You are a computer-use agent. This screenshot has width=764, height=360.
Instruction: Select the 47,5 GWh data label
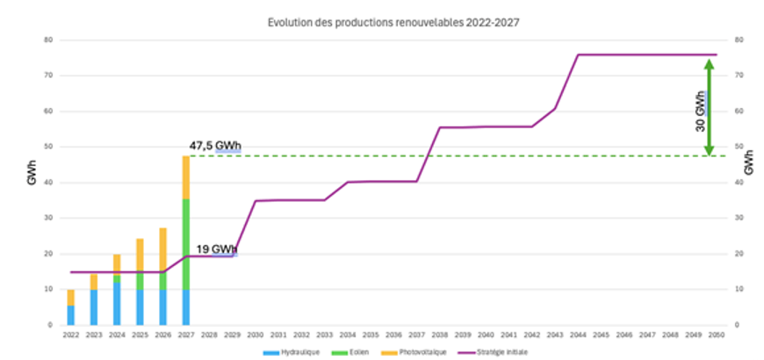pyautogui.click(x=215, y=146)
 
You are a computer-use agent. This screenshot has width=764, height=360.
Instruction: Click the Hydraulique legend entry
pyautogui.click(x=290, y=351)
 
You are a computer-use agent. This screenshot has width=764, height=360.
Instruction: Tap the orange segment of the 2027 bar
pyautogui.click(x=186, y=177)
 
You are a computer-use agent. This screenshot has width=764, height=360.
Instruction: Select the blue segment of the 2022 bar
pyautogui.click(x=71, y=314)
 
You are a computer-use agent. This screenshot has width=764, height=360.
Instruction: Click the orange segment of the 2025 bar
pyautogui.click(x=140, y=253)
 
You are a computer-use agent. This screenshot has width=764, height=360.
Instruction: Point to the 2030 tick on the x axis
pyautogui.click(x=255, y=335)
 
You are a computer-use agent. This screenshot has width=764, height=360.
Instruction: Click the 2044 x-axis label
pyautogui.click(x=577, y=335)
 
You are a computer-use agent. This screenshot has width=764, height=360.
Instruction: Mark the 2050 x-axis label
pyautogui.click(x=716, y=335)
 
